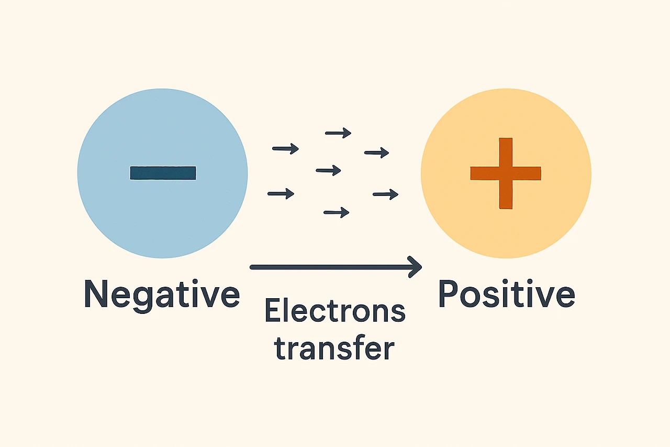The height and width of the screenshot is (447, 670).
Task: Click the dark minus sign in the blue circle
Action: [x=163, y=173]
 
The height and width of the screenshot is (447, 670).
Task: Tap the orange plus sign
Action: [x=506, y=173]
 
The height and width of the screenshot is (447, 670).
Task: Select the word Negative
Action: [x=162, y=295]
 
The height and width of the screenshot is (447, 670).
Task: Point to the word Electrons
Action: [x=335, y=311]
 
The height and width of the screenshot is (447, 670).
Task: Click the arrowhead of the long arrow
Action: [x=417, y=267]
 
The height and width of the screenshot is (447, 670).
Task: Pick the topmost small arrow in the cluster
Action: [x=338, y=133]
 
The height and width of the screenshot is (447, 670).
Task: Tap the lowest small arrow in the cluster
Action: [x=337, y=212]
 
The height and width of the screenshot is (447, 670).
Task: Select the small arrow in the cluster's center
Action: [x=329, y=170]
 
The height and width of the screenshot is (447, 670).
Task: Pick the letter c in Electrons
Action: [x=315, y=313]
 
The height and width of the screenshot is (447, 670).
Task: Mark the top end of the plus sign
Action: [x=506, y=140]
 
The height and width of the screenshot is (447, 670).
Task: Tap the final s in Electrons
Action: [x=398, y=313]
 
